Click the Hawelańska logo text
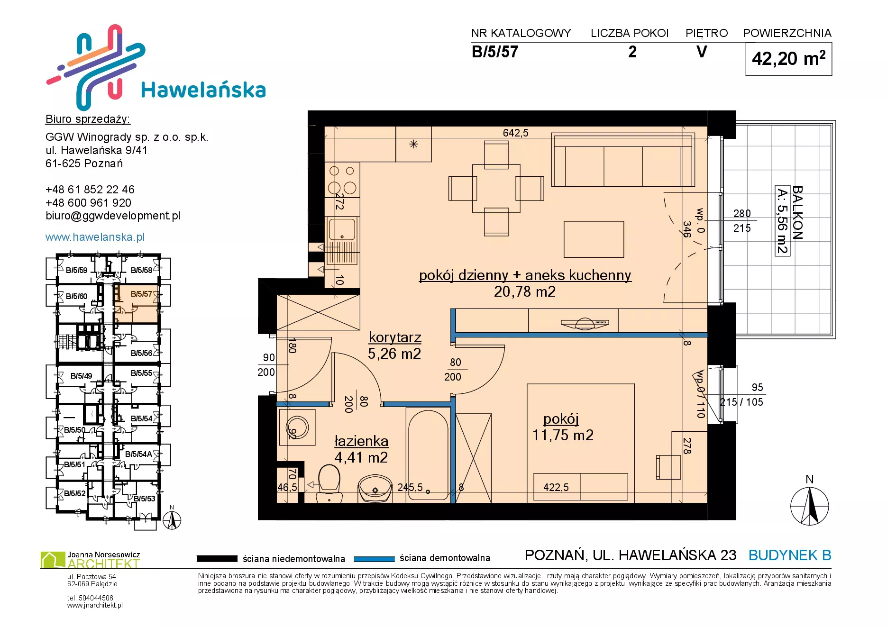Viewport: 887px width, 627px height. coord(203,90)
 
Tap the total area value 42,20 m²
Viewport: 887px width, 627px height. coord(788,58)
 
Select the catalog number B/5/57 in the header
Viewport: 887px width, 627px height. coord(495,52)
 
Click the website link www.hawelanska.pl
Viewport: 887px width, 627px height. coord(95,237)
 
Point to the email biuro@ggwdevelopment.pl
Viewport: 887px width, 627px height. coord(113,216)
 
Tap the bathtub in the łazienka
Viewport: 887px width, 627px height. coord(428,454)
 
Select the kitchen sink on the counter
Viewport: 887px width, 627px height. coord(342,229)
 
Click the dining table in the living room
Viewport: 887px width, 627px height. coord(496,188)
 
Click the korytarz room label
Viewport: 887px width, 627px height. coord(395,337)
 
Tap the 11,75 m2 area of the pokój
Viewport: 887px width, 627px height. coord(563,435)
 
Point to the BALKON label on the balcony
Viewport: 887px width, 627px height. coord(797,212)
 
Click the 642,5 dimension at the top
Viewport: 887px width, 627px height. coord(515,133)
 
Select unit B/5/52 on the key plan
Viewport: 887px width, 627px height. coord(75,493)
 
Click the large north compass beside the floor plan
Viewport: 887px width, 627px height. coord(810,506)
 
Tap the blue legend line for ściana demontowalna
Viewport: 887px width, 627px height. coord(374,559)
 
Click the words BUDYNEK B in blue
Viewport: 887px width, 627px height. coord(790,555)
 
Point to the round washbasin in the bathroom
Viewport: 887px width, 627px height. coord(375,489)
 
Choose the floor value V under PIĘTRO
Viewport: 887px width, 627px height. coord(702,52)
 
